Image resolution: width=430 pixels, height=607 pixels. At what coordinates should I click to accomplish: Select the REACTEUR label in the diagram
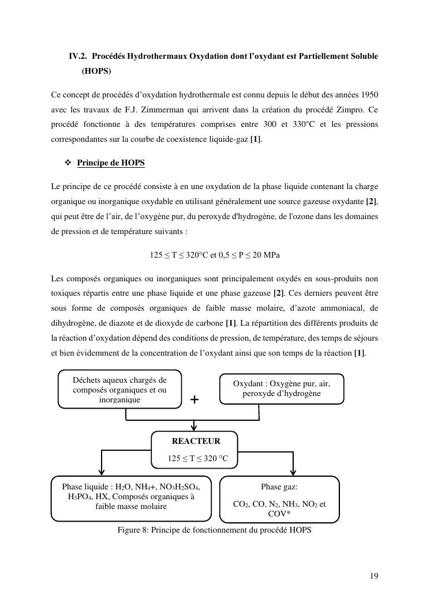point(196,441)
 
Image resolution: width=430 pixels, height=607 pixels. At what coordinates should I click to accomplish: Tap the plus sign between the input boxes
point(195,399)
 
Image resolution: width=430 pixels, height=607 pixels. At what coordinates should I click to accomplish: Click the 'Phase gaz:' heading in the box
point(279,487)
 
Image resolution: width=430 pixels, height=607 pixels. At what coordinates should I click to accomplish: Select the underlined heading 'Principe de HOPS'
point(110,163)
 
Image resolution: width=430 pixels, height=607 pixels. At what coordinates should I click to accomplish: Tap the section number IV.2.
point(78,56)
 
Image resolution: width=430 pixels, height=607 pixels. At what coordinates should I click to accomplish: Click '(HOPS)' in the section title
point(96,71)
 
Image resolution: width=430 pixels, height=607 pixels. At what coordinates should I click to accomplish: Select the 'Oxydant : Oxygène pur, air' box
point(281,389)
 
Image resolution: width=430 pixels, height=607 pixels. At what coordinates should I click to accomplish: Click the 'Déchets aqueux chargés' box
point(119,389)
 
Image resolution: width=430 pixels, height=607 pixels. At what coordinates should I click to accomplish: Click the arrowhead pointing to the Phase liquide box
point(102,472)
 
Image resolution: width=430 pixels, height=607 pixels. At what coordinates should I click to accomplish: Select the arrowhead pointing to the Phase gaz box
point(295,472)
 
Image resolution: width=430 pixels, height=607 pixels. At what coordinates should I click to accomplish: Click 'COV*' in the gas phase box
point(279,514)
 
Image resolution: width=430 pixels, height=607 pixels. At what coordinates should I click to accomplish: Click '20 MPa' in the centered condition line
point(266,255)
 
